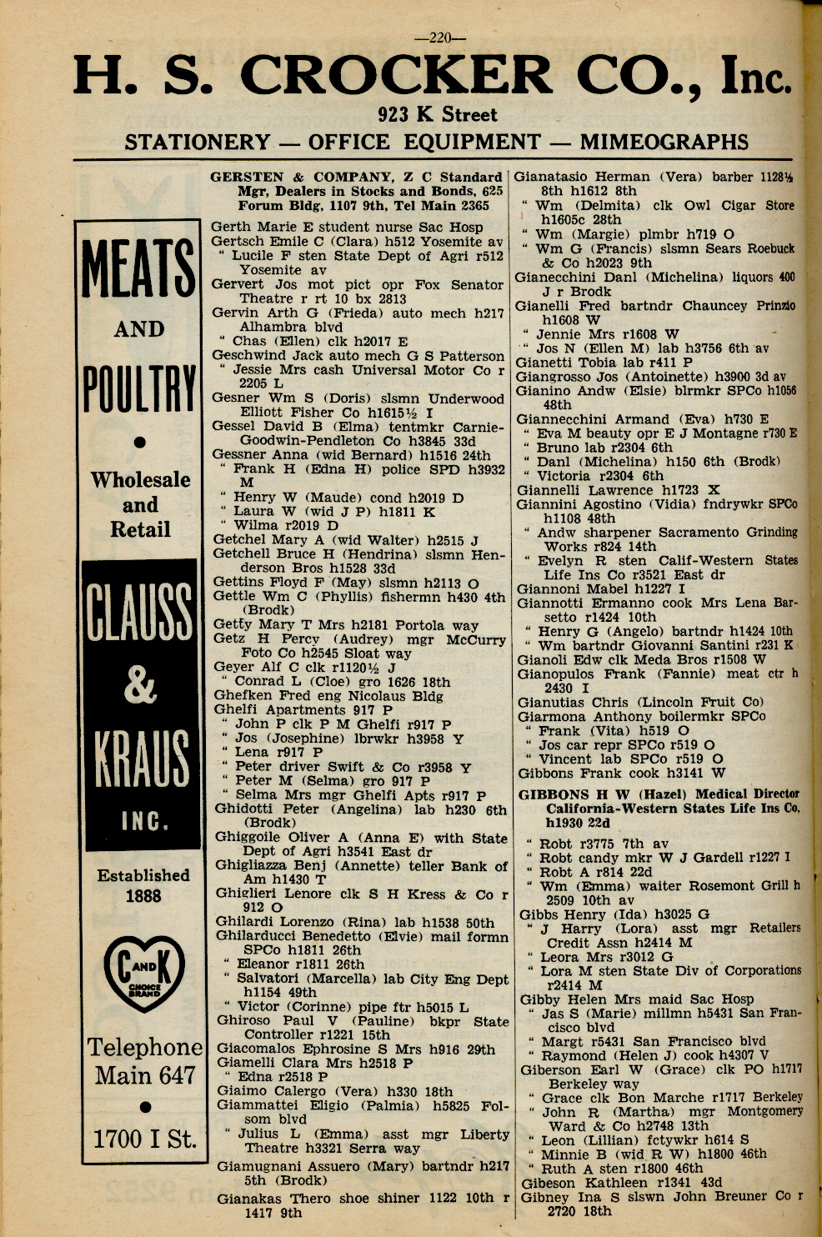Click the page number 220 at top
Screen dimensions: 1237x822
439,37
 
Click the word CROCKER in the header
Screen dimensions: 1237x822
395,78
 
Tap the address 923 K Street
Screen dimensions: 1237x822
437,114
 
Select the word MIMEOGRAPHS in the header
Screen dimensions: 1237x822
664,142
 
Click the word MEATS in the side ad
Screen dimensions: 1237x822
138,268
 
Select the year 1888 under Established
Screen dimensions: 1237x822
143,896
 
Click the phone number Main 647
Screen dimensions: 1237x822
145,1075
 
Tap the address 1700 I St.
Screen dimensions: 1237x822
145,1138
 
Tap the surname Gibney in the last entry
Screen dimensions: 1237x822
545,1196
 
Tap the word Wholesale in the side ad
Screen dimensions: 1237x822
140,480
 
